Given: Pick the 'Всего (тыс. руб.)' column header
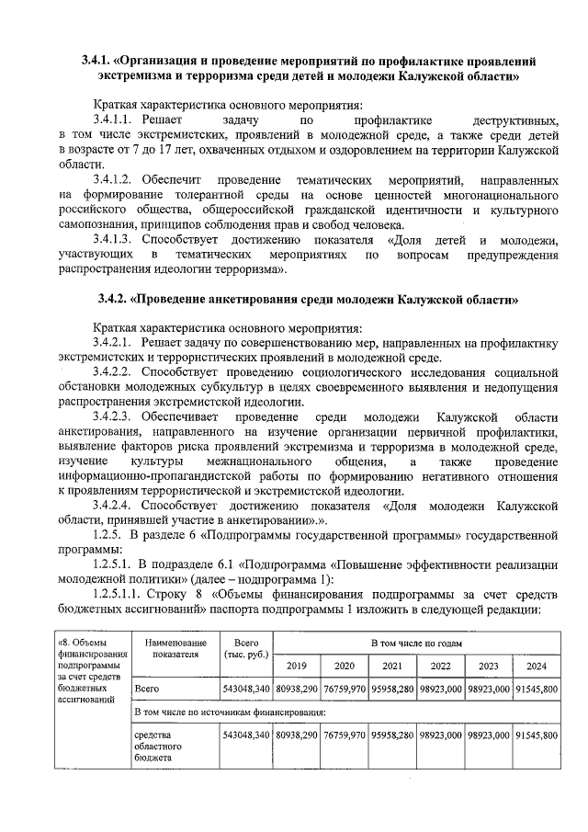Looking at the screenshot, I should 245,648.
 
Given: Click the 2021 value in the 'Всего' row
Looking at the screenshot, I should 392,688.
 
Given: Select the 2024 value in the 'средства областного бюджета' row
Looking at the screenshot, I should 537,735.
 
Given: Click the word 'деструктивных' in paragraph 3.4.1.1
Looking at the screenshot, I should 514,120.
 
